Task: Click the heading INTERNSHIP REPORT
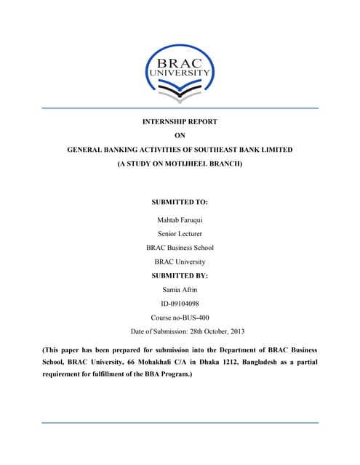pos(180,121)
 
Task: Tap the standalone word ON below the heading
pos(180,135)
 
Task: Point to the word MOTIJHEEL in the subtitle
pos(185,165)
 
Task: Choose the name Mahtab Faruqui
pos(180,219)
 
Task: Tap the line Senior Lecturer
pos(180,233)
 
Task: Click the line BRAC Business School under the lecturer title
pos(180,248)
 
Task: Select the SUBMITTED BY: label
pos(180,276)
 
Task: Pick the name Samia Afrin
pos(180,290)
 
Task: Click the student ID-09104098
pos(180,304)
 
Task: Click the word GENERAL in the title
pos(85,150)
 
